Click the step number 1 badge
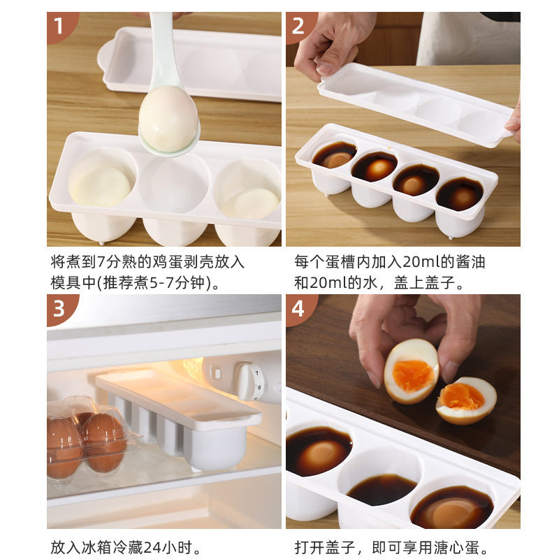tap(59, 27)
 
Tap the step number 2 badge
tap(299, 27)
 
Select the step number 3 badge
tap(59, 308)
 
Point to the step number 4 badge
tap(299, 308)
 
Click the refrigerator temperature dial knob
tap(249, 381)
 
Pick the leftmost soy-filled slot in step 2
tap(334, 155)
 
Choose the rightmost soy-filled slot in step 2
tap(459, 194)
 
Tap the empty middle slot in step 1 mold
tap(174, 185)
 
